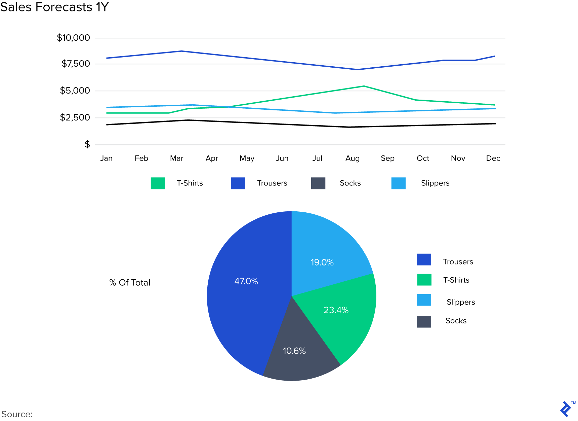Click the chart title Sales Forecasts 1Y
coord(54,7)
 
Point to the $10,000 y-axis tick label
coord(73,38)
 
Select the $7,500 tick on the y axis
coord(76,64)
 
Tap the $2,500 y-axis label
coord(75,117)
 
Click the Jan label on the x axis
coord(106,158)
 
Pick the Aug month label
coord(352,158)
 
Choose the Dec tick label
coord(493,158)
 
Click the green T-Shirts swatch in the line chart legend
coord(158,183)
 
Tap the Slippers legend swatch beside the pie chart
coord(424,300)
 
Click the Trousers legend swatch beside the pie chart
coord(424,259)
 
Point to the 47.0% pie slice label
coord(246,281)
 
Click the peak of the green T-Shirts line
coord(364,86)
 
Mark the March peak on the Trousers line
coord(181,51)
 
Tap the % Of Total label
coord(130,283)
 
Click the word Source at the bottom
coord(17,414)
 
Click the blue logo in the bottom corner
coord(566,409)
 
